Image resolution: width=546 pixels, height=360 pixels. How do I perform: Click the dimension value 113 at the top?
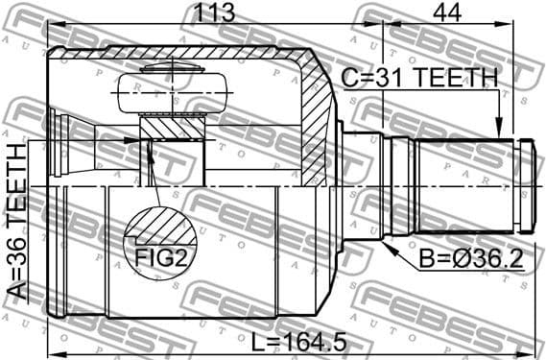(x=212, y=13)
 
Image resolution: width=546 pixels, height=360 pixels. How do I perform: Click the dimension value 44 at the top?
(x=445, y=13)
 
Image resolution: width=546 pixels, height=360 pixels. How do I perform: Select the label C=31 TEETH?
(x=420, y=78)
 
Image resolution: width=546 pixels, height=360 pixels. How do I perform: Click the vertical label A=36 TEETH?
(x=18, y=224)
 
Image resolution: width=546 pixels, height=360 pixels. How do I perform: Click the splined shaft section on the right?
(x=464, y=184)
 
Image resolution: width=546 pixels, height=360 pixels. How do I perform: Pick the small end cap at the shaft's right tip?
(x=527, y=184)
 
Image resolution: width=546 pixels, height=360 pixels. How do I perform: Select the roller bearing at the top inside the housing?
(x=173, y=94)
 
